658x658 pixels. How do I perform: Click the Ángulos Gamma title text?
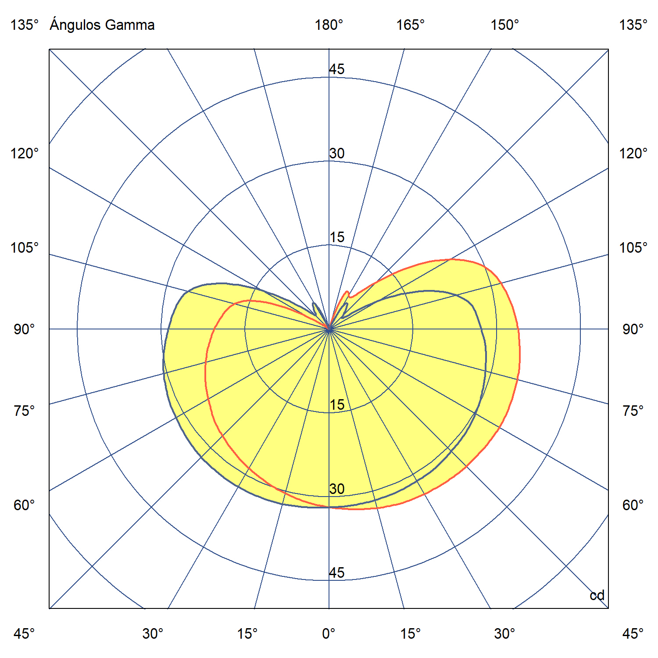click(102, 25)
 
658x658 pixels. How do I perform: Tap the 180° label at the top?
click(329, 25)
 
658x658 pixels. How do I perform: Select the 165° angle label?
click(411, 25)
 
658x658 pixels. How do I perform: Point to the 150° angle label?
click(504, 25)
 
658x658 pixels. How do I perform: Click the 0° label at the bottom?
click(329, 633)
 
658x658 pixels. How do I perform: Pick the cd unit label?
click(597, 595)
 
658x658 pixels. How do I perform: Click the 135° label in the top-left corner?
click(25, 25)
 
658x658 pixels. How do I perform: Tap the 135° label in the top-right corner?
click(633, 25)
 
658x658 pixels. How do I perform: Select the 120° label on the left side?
click(25, 154)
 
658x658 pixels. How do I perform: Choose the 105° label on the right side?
click(633, 248)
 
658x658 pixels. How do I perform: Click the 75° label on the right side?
click(633, 411)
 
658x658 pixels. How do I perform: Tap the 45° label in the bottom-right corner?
click(633, 633)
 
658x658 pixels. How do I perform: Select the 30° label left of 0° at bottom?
click(153, 633)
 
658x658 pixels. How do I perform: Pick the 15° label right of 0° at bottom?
click(410, 633)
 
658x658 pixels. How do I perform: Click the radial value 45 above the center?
click(337, 69)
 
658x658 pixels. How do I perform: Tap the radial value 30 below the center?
click(337, 489)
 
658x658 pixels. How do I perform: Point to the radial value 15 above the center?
click(337, 237)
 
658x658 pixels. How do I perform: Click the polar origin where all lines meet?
click(329, 329)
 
